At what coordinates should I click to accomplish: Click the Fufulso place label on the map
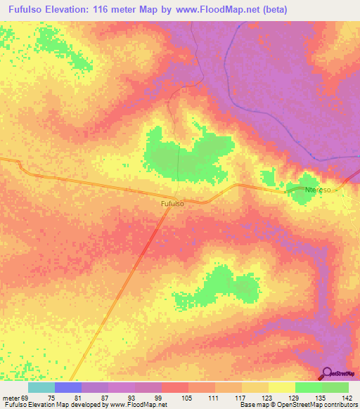click(172, 204)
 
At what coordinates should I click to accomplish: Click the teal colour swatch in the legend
click(41, 387)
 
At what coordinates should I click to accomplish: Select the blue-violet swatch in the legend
click(68, 387)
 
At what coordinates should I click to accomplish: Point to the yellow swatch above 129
click(282, 387)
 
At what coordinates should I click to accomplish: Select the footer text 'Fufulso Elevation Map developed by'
click(49, 405)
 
